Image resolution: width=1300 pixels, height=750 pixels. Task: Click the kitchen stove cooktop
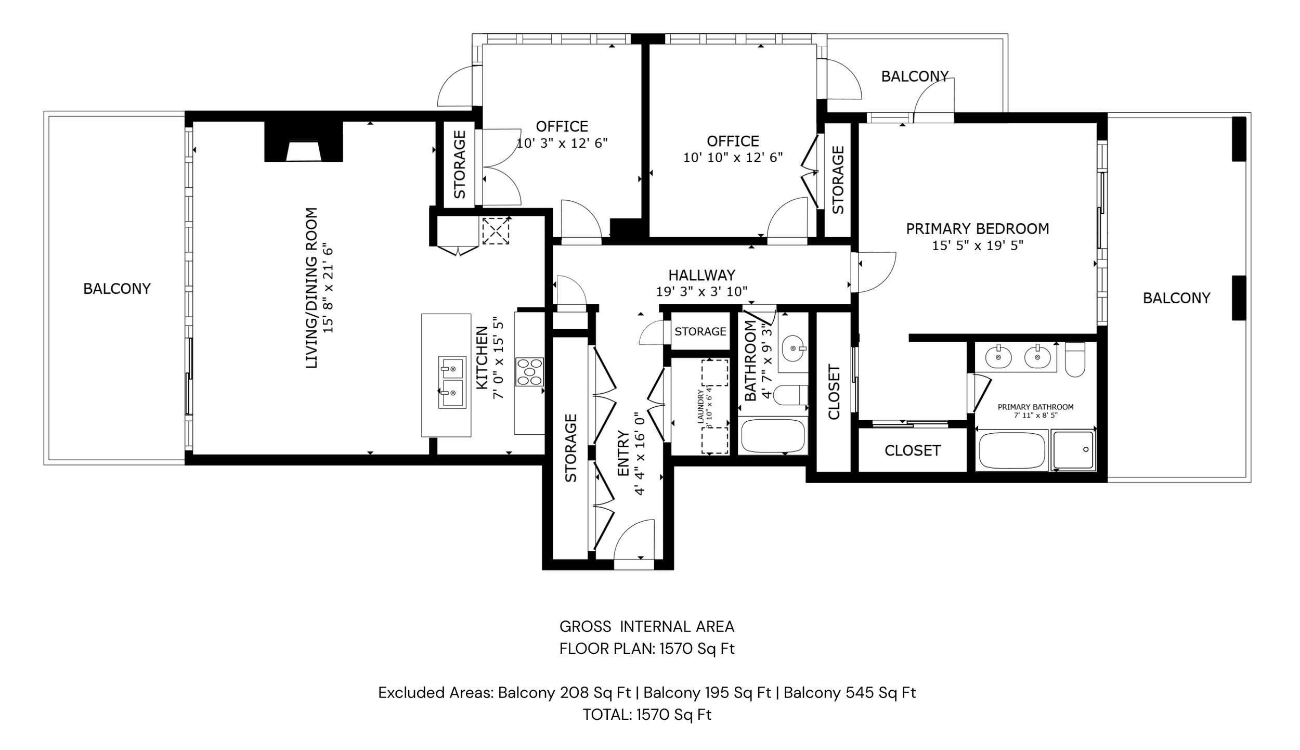pyautogui.click(x=529, y=371)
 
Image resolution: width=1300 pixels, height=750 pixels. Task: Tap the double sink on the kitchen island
pyautogui.click(x=452, y=382)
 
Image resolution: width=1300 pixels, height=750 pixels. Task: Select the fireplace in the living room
pyautogui.click(x=304, y=141)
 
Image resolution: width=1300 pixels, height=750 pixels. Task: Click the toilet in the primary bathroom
pyautogui.click(x=1074, y=359)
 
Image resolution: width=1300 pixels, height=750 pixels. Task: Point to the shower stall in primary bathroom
pyautogui.click(x=1073, y=450)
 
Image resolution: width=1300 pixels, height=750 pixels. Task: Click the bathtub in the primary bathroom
pyautogui.click(x=1011, y=451)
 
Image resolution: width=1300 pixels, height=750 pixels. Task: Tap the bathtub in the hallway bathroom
pyautogui.click(x=773, y=436)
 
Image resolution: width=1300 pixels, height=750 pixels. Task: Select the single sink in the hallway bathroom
pyautogui.click(x=794, y=346)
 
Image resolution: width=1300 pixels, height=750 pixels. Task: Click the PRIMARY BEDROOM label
pyautogui.click(x=978, y=229)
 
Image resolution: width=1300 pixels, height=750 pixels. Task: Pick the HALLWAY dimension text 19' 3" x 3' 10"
pyautogui.click(x=701, y=292)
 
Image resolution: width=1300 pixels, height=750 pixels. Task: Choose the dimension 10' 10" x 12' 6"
pyautogui.click(x=733, y=158)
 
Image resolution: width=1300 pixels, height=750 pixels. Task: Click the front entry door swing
pyautogui.click(x=633, y=539)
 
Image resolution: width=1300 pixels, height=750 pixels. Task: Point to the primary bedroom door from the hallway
pyautogui.click(x=877, y=272)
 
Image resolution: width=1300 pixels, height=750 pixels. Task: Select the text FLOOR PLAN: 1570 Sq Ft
pyautogui.click(x=647, y=649)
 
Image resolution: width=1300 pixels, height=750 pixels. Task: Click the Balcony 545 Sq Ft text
pyautogui.click(x=850, y=692)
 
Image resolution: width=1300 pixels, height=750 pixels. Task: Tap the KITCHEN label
pyautogui.click(x=482, y=357)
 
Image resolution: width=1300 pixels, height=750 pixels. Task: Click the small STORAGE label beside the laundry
pyautogui.click(x=700, y=331)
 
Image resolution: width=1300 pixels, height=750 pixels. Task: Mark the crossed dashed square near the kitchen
pyautogui.click(x=496, y=230)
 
